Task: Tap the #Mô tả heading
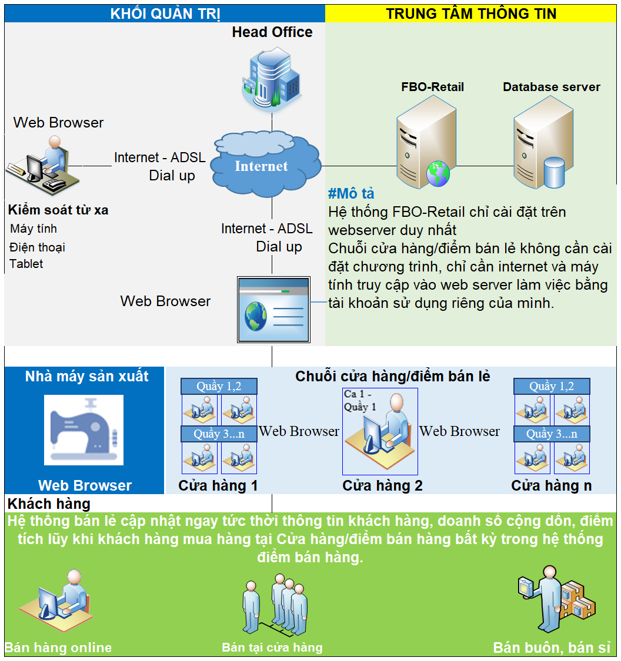tap(351, 194)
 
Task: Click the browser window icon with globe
tap(273, 309)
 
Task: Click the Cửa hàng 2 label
tap(382, 486)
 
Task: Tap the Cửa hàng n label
tap(551, 486)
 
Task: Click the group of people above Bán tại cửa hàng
tap(275, 602)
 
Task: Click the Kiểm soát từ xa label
tap(58, 210)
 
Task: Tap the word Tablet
tap(26, 264)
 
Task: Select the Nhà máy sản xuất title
tap(86, 377)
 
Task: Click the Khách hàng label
tap(49, 504)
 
